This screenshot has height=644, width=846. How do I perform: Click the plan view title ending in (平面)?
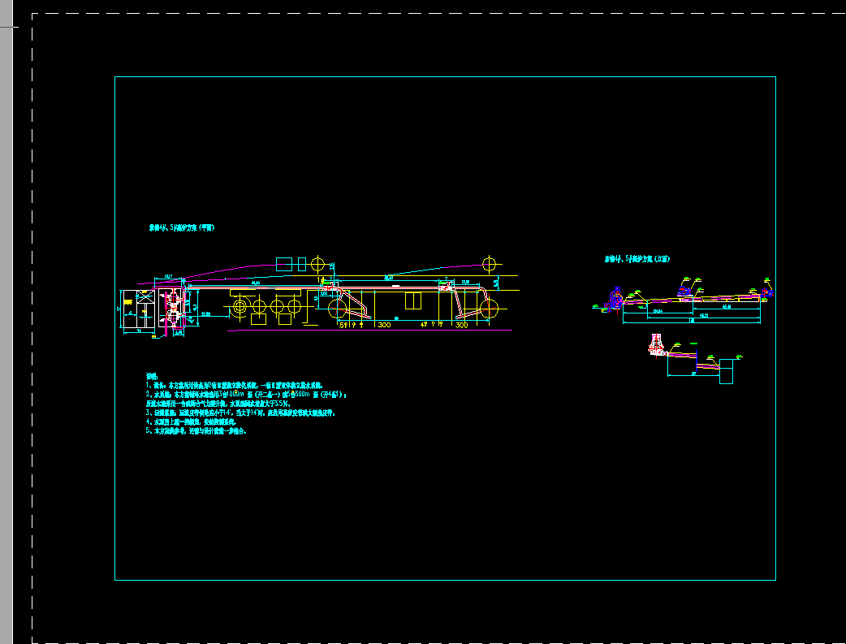point(180,228)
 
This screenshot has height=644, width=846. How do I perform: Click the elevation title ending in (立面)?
point(637,259)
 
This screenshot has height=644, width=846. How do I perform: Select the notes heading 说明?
point(150,376)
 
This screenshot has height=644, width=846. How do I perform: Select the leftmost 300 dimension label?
point(384,325)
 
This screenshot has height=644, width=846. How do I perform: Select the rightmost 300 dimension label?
point(461,325)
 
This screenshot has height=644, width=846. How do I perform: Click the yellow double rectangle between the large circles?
point(413,300)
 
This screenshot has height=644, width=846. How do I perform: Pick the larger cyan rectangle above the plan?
point(284,264)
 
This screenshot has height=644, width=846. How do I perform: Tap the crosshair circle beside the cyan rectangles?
point(317,264)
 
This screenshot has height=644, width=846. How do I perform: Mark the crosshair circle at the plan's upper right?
point(489,263)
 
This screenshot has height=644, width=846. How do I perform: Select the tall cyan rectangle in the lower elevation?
point(726,371)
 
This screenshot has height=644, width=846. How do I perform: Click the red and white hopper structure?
point(654,344)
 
